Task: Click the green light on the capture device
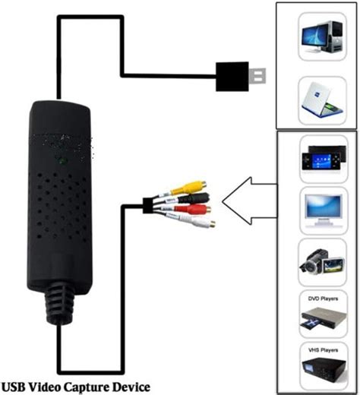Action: point(60,161)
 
